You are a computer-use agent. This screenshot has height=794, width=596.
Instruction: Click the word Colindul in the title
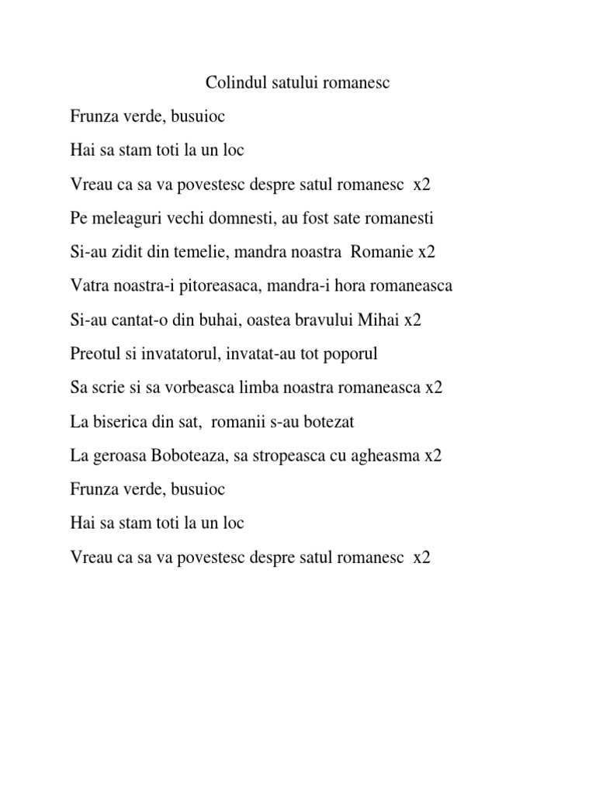[x=231, y=82]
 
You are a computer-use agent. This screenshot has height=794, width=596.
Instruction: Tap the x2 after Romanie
[x=427, y=253]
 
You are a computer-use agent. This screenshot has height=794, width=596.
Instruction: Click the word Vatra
[x=88, y=286]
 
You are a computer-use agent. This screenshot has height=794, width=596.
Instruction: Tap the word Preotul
[x=95, y=354]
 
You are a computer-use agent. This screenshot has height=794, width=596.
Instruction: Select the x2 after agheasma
[x=432, y=456]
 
